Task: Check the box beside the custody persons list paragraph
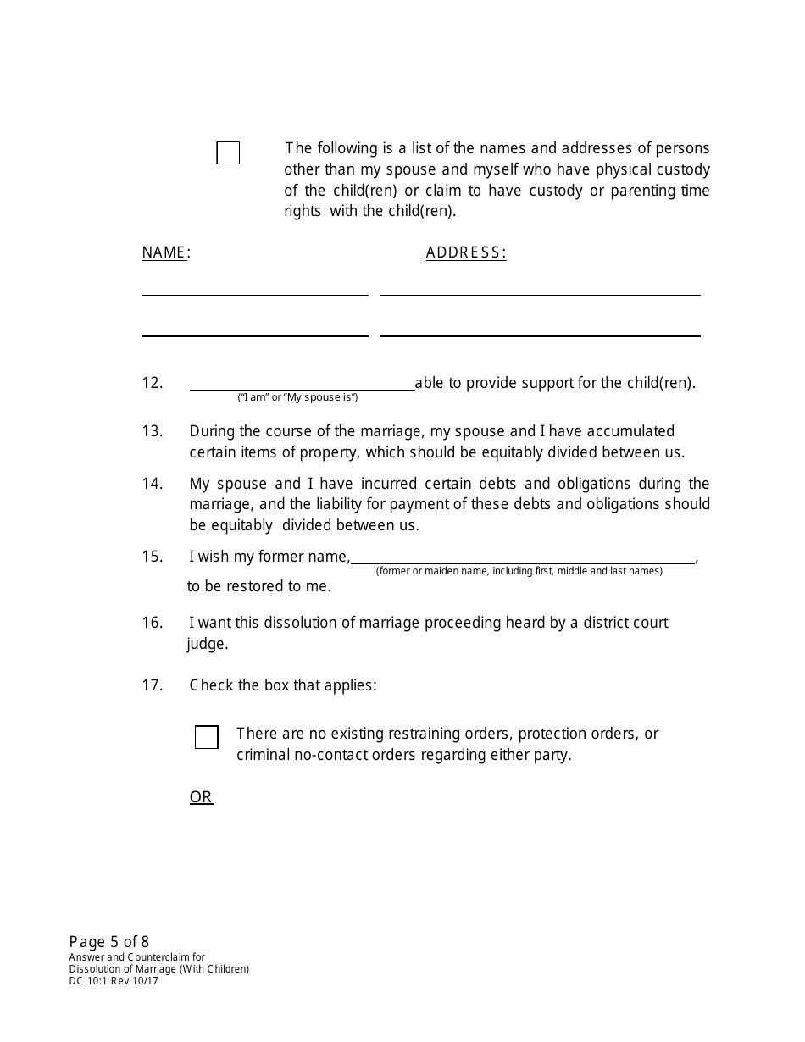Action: [x=228, y=153]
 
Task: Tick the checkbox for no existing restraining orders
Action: [x=206, y=737]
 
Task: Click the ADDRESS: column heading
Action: [x=465, y=252]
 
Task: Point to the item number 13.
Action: [x=153, y=431]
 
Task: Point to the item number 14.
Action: [x=153, y=484]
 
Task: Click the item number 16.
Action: [x=153, y=623]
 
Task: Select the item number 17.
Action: [x=153, y=685]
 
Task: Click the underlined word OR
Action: [x=201, y=797]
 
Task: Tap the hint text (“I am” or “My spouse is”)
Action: [x=297, y=397]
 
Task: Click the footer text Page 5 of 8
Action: [x=109, y=942]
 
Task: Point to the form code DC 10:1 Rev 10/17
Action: [x=114, y=981]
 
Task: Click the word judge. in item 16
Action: [x=208, y=644]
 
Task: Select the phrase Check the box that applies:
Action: [x=283, y=685]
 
